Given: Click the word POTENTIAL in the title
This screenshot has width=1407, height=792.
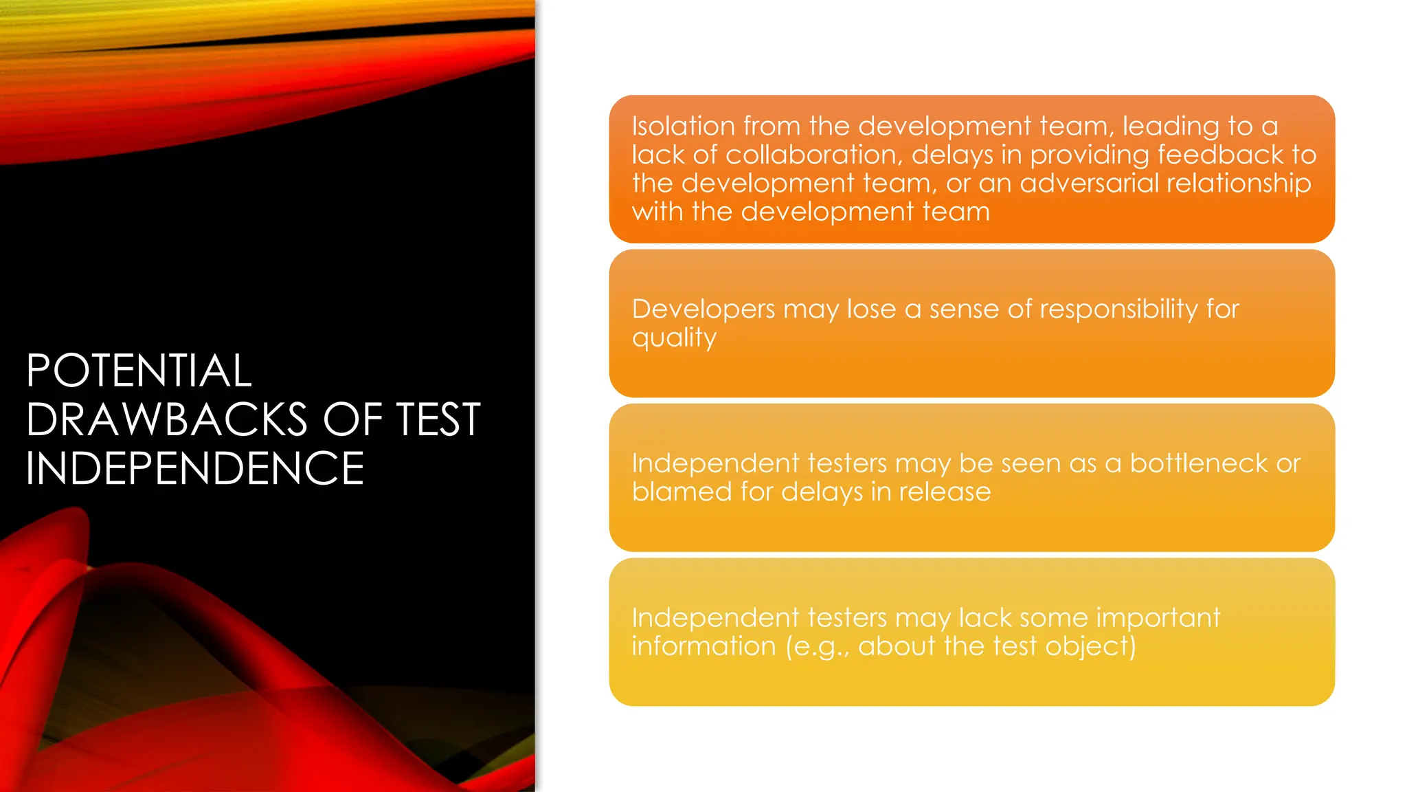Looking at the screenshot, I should point(139,371).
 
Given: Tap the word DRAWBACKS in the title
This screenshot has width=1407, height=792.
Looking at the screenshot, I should point(167,419).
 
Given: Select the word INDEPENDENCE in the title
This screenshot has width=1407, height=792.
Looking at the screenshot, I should point(195,468).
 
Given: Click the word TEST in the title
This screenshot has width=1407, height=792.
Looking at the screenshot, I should point(438,419).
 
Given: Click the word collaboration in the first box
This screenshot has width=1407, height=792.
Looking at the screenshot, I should point(813,155).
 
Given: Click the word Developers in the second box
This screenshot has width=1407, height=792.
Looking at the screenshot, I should point(703,309).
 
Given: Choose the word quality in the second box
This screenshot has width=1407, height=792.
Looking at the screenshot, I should point(674,338).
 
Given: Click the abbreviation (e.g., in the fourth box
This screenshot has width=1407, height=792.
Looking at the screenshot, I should point(818,647).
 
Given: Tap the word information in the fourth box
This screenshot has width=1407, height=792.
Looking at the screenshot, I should point(703,647).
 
